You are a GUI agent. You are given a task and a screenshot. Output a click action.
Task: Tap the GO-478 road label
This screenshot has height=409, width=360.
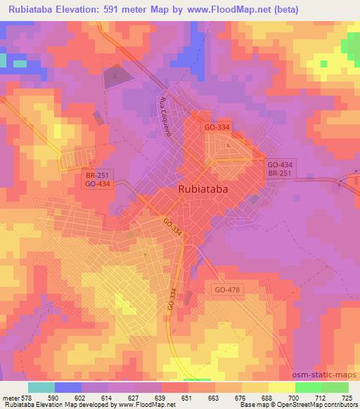(x=229, y=289)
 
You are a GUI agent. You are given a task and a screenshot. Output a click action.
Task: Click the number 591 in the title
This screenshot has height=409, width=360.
(x=127, y=10)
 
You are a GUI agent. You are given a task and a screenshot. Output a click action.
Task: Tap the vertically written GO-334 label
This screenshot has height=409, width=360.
(x=172, y=300)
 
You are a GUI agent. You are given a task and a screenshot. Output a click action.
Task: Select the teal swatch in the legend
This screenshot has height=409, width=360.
(x=41, y=387)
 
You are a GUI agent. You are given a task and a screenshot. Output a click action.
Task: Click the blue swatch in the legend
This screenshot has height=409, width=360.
(x=68, y=387)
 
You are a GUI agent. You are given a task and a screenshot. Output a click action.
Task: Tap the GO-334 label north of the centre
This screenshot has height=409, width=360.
(x=217, y=127)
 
